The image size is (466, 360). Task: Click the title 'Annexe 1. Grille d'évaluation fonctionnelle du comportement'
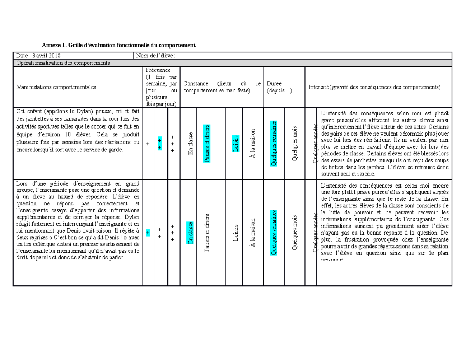pos(118,45)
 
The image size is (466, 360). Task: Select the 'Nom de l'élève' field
pos(155,56)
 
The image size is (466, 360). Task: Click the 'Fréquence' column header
pos(158,70)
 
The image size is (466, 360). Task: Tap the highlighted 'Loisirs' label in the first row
pos(236,143)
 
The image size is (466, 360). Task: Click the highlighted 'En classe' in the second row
pos(190,232)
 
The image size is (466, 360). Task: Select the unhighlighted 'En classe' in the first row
pos(190,143)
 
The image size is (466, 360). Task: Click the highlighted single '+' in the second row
pos(148,233)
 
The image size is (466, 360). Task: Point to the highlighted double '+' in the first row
pos(160,143)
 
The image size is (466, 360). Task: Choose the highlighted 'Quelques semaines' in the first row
pos(274,143)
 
